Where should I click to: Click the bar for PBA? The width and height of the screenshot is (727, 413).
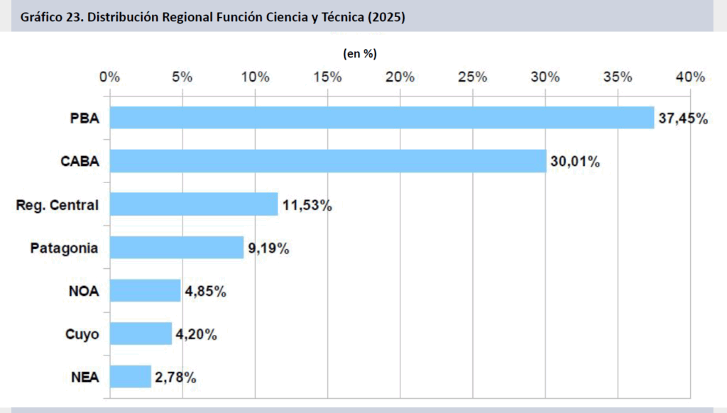click(x=381, y=118)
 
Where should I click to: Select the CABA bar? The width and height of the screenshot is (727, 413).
click(x=327, y=161)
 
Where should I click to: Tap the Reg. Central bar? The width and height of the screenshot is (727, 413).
click(x=193, y=204)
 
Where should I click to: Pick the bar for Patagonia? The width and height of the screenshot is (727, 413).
click(x=176, y=248)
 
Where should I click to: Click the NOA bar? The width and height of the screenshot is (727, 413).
click(x=145, y=290)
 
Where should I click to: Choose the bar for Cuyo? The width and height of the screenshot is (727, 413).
click(x=141, y=334)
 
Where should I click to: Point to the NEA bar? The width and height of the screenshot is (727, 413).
click(x=130, y=377)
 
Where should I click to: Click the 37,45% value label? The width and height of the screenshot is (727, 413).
click(x=683, y=119)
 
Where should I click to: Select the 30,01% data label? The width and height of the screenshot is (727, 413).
click(x=575, y=162)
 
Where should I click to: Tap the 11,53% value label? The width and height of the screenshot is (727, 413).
click(x=307, y=205)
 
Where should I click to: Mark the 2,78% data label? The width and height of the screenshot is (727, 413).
click(x=174, y=378)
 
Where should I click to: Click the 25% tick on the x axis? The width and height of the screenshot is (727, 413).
click(x=472, y=77)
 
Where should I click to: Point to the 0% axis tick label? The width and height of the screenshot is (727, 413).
click(x=110, y=77)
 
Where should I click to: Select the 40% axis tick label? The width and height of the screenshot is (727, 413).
click(x=690, y=77)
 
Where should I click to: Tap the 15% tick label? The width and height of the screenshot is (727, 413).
click(x=327, y=77)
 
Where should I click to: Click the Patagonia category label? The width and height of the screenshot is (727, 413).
click(x=64, y=248)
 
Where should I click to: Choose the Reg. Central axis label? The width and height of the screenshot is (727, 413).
click(x=57, y=205)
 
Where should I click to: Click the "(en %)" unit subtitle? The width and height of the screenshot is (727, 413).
click(x=360, y=54)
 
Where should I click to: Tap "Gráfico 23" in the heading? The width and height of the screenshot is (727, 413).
click(x=48, y=17)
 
